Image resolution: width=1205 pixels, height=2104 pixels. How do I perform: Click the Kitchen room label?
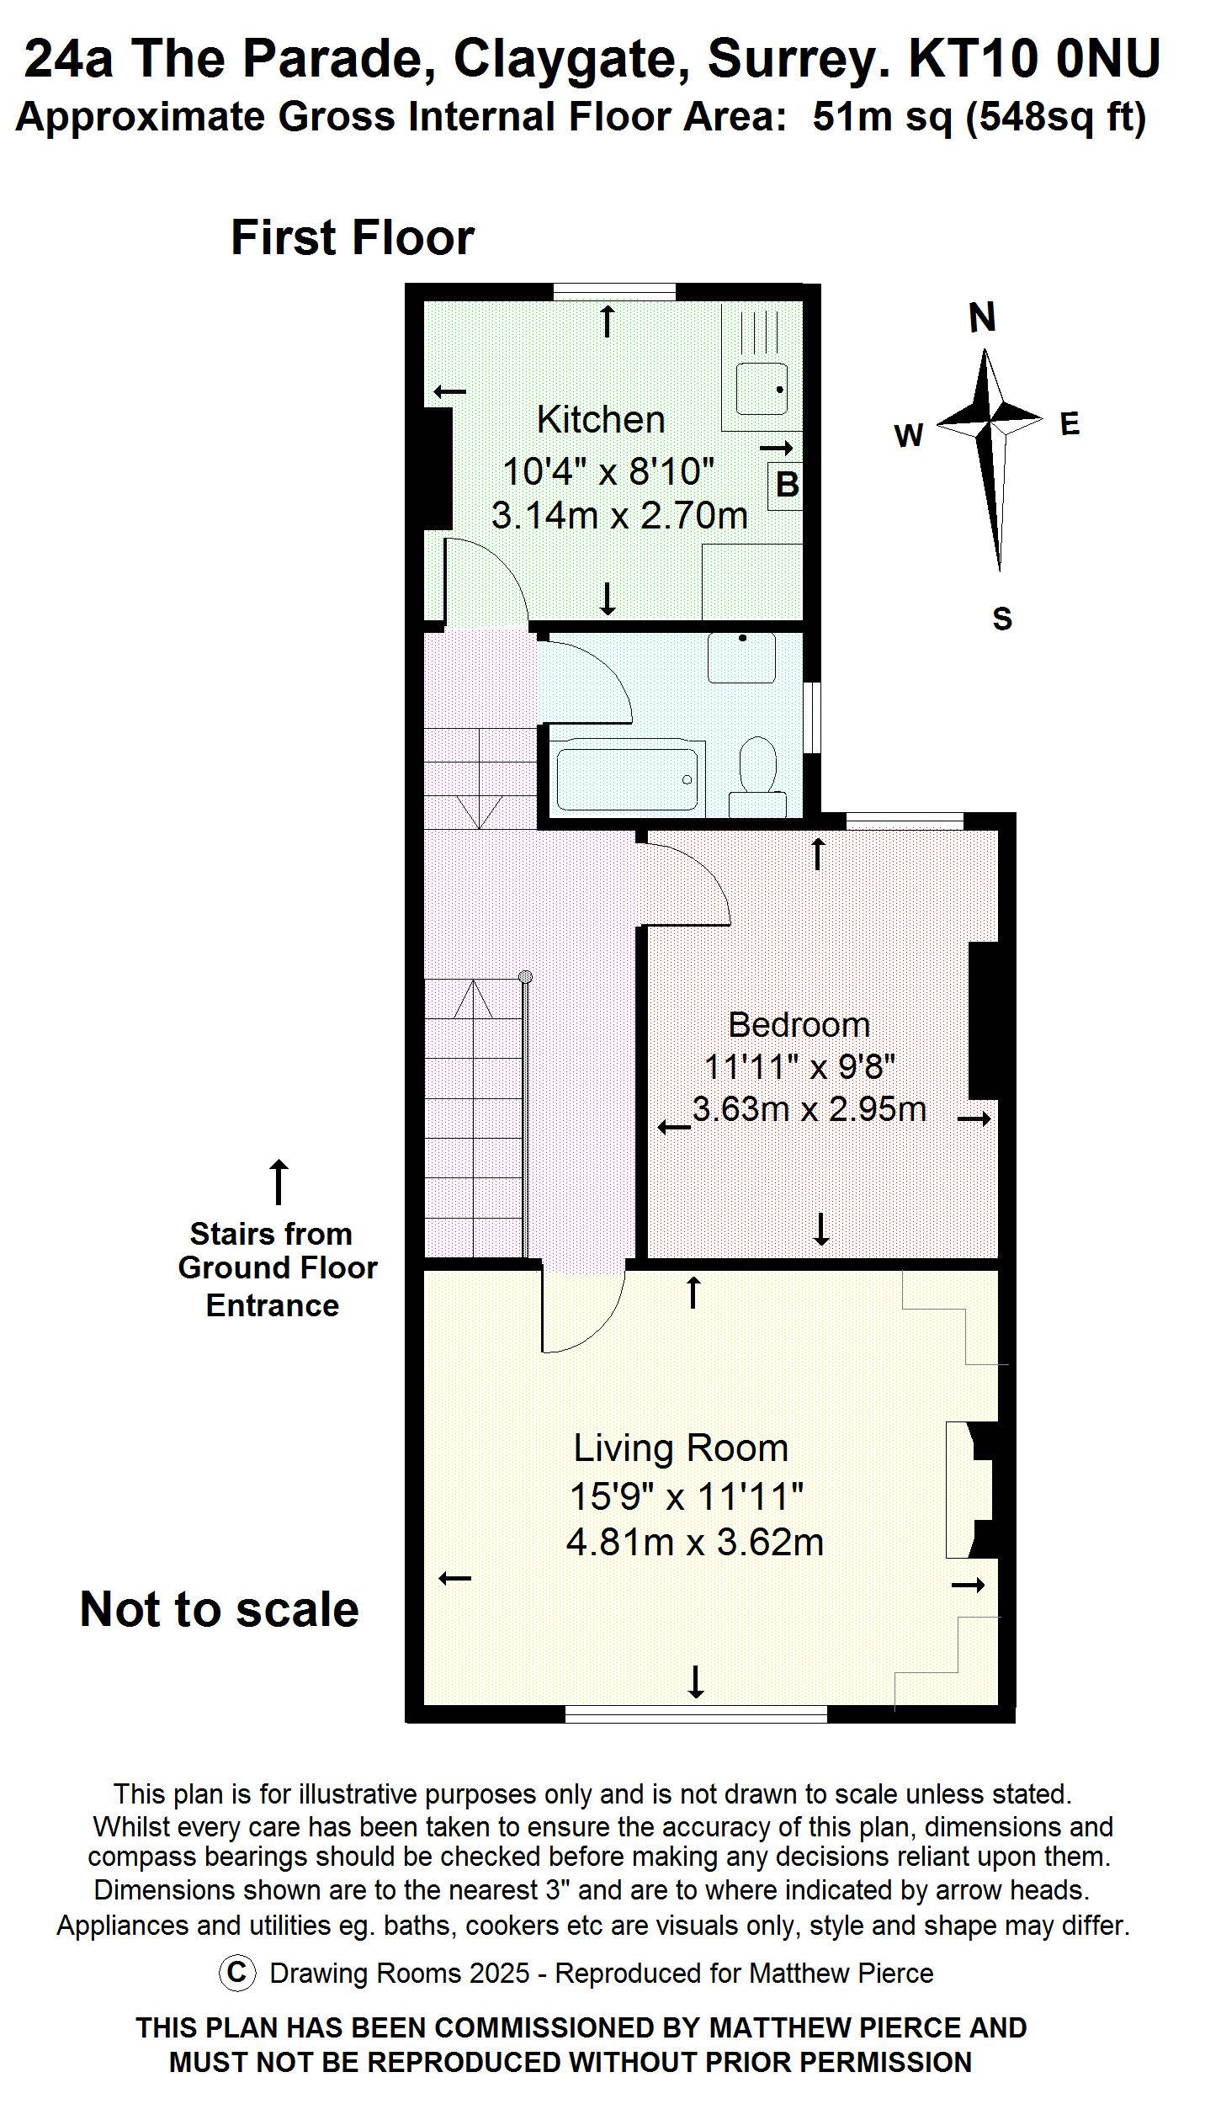click(600, 419)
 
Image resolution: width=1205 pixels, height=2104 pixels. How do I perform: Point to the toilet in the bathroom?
click(758, 768)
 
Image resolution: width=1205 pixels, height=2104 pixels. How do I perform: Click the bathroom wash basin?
click(741, 657)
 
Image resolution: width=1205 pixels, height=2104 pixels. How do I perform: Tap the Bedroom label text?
click(799, 1024)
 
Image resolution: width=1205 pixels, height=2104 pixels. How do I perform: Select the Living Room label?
click(681, 1448)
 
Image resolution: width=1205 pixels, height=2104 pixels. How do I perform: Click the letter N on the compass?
click(982, 318)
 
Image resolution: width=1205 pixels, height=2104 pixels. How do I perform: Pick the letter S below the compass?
click(1001, 619)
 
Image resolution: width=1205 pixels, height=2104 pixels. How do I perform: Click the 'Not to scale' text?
click(219, 1609)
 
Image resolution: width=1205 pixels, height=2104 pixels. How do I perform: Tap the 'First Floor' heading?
click(352, 237)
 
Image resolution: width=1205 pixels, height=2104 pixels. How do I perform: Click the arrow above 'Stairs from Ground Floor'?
click(278, 1182)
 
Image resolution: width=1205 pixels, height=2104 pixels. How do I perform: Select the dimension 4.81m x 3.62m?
click(694, 1542)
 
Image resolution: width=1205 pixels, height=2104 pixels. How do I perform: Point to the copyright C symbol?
click(237, 1973)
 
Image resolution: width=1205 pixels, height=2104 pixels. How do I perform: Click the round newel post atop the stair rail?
click(526, 976)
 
